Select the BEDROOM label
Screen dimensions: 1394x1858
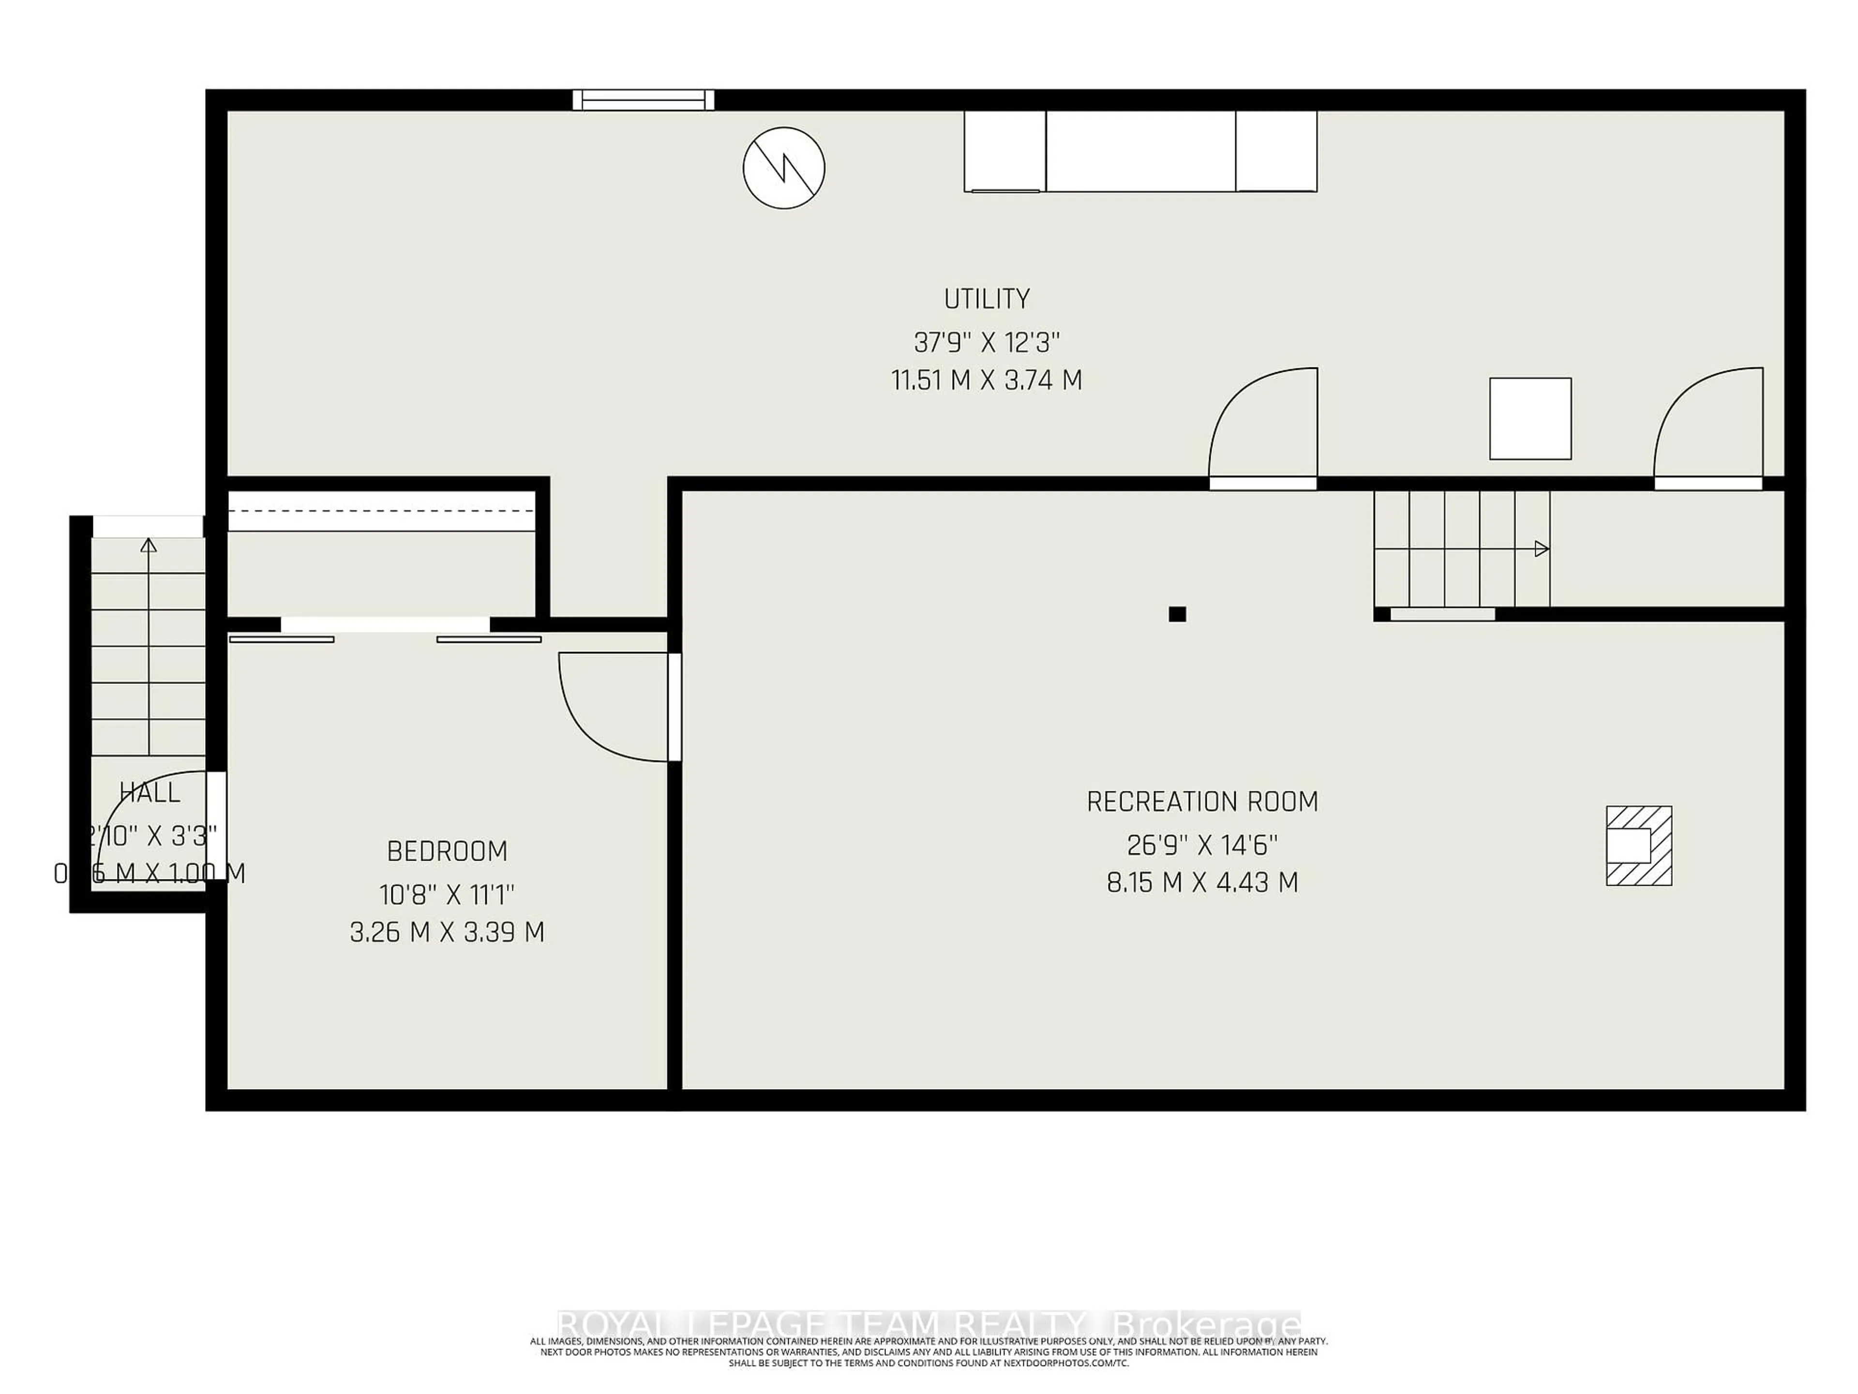[447, 851]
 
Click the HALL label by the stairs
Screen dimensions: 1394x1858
[150, 792]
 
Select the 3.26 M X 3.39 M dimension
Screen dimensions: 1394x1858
[447, 933]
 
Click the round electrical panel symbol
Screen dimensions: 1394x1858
[784, 168]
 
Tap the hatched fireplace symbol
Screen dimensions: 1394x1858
[1639, 845]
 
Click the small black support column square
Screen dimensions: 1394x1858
[1177, 614]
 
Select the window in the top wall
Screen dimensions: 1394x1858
[644, 100]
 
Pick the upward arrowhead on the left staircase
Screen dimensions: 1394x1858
[149, 545]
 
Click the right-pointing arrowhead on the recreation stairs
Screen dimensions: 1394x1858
[1542, 549]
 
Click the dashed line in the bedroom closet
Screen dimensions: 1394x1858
[382, 510]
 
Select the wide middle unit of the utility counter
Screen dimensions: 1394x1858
[1140, 151]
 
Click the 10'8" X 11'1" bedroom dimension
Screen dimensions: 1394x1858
[447, 895]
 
